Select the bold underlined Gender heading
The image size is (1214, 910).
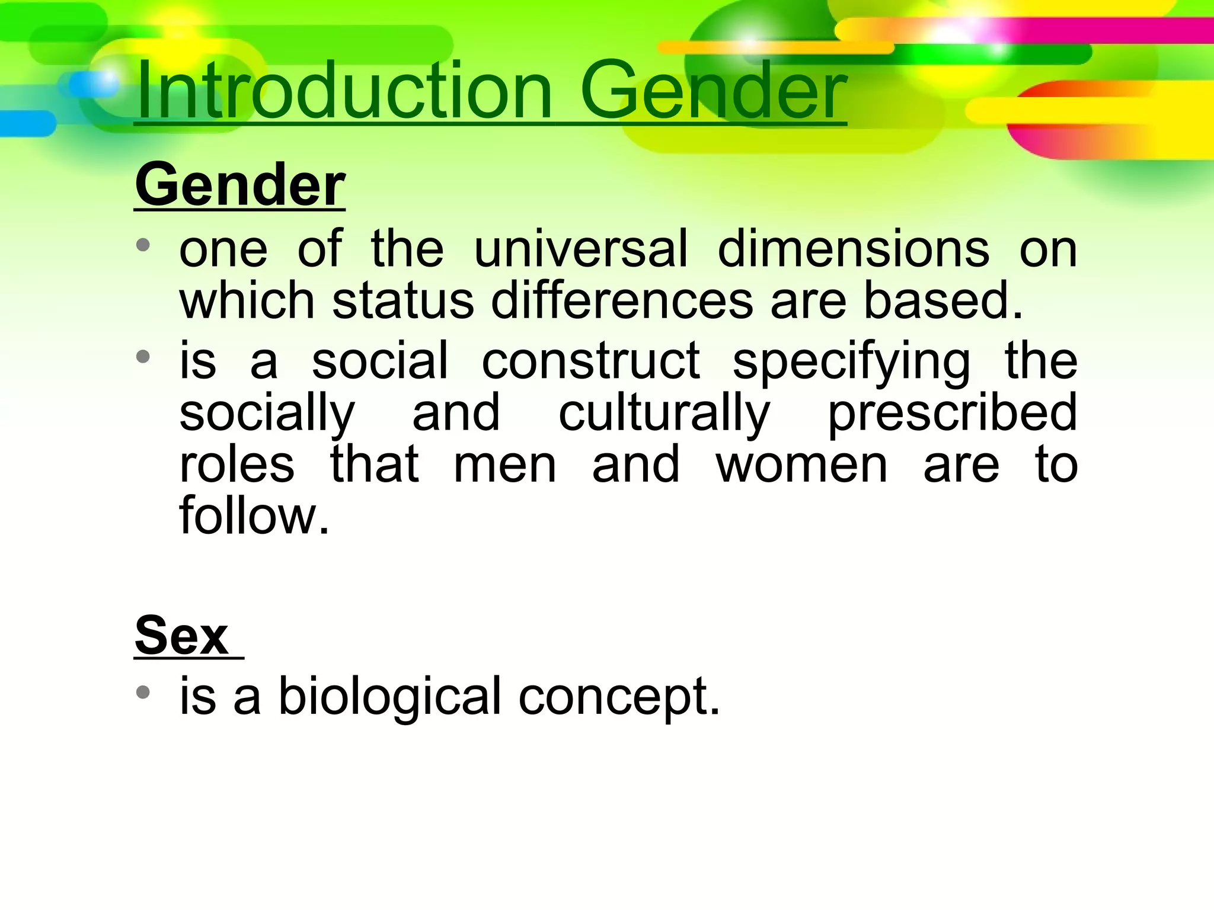(x=239, y=185)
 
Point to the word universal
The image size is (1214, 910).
(x=581, y=249)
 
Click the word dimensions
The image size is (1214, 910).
(x=854, y=249)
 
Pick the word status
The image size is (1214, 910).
(x=403, y=301)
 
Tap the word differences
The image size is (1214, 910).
(x=622, y=301)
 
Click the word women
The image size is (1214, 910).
(x=801, y=465)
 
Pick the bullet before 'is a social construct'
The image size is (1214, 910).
(x=143, y=357)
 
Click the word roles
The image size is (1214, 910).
(x=237, y=465)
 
